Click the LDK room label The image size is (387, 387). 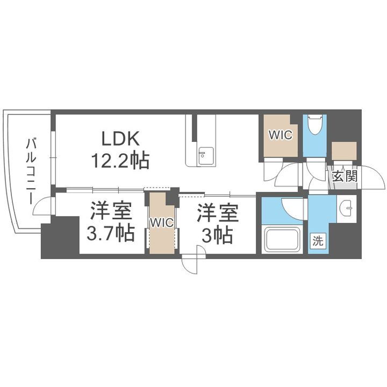[x=121, y=139]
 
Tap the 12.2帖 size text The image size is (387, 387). [x=121, y=161]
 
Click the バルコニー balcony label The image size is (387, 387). [x=31, y=170]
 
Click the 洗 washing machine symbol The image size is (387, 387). [x=318, y=241]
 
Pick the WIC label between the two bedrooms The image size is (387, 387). [x=162, y=223]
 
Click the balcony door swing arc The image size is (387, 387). [x=46, y=206]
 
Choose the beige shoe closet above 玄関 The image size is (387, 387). [x=344, y=152]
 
